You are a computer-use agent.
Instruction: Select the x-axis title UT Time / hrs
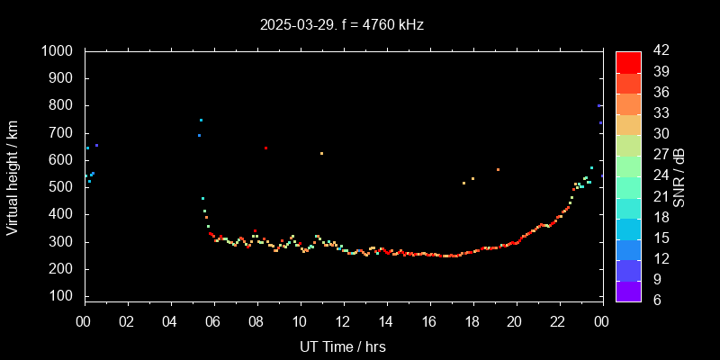[x=343, y=346]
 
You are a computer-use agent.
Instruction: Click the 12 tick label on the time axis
[x=343, y=321]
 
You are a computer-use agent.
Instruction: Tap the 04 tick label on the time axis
[x=170, y=321]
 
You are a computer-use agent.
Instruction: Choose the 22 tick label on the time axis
[x=558, y=321]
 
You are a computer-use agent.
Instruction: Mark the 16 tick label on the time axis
[x=429, y=321]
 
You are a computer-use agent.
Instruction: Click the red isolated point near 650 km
[x=265, y=148]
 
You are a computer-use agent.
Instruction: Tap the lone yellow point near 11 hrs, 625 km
[x=321, y=153]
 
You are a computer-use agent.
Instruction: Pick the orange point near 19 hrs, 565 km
[x=498, y=169]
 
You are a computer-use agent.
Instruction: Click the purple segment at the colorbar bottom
[x=628, y=291]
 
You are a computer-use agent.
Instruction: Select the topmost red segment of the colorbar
[x=628, y=61]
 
